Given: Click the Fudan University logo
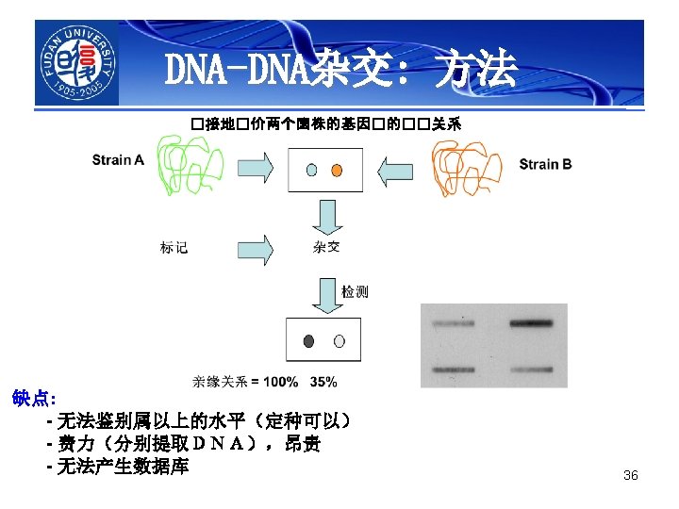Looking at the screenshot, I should tap(77, 64).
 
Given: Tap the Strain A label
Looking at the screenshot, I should tap(118, 160).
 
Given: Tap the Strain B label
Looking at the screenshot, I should tap(545, 164).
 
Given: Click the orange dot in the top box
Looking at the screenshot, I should tap(337, 171).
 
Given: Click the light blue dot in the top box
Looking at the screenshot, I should tap(311, 171).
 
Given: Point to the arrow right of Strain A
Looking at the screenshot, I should tap(254, 171).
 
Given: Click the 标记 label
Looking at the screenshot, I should tap(174, 248).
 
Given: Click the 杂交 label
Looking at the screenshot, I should tap(326, 248).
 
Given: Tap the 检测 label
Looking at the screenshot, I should tap(355, 292).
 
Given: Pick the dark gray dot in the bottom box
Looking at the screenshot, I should tap(308, 341).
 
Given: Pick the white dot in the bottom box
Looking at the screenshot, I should tap(339, 341).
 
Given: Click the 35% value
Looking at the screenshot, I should tap(323, 382).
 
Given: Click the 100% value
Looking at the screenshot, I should tap(280, 382).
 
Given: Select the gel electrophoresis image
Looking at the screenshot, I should tap(494, 344).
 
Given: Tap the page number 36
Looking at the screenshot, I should tap(631, 475).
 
